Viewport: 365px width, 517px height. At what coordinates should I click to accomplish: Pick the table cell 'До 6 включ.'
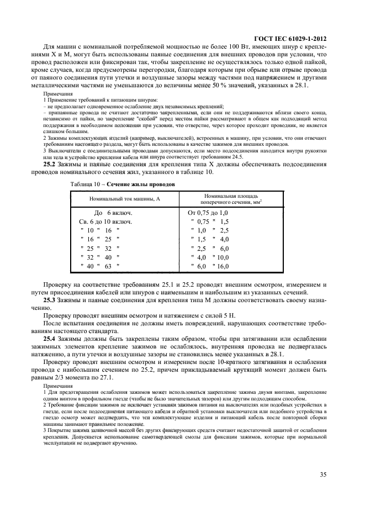click(112, 213)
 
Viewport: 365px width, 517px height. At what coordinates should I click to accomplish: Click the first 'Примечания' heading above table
click(58, 94)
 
